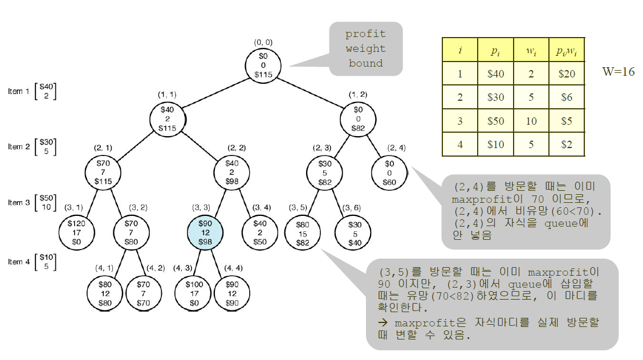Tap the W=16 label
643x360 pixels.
(x=618, y=72)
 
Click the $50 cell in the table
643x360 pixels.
(x=495, y=121)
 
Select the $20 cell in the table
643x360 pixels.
(x=566, y=73)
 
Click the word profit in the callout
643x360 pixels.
(x=365, y=34)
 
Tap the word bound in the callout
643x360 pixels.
(x=365, y=63)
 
